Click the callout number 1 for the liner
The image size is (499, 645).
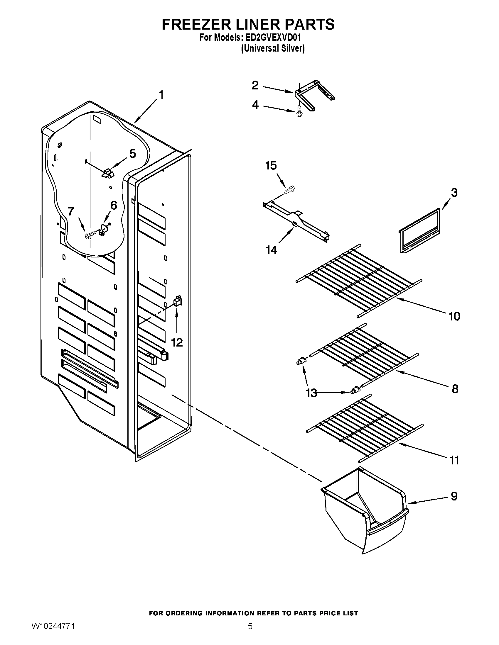[161, 95]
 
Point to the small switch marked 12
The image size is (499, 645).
[177, 301]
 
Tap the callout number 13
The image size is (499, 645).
[311, 393]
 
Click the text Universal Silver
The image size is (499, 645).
[273, 48]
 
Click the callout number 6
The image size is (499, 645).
[113, 205]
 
